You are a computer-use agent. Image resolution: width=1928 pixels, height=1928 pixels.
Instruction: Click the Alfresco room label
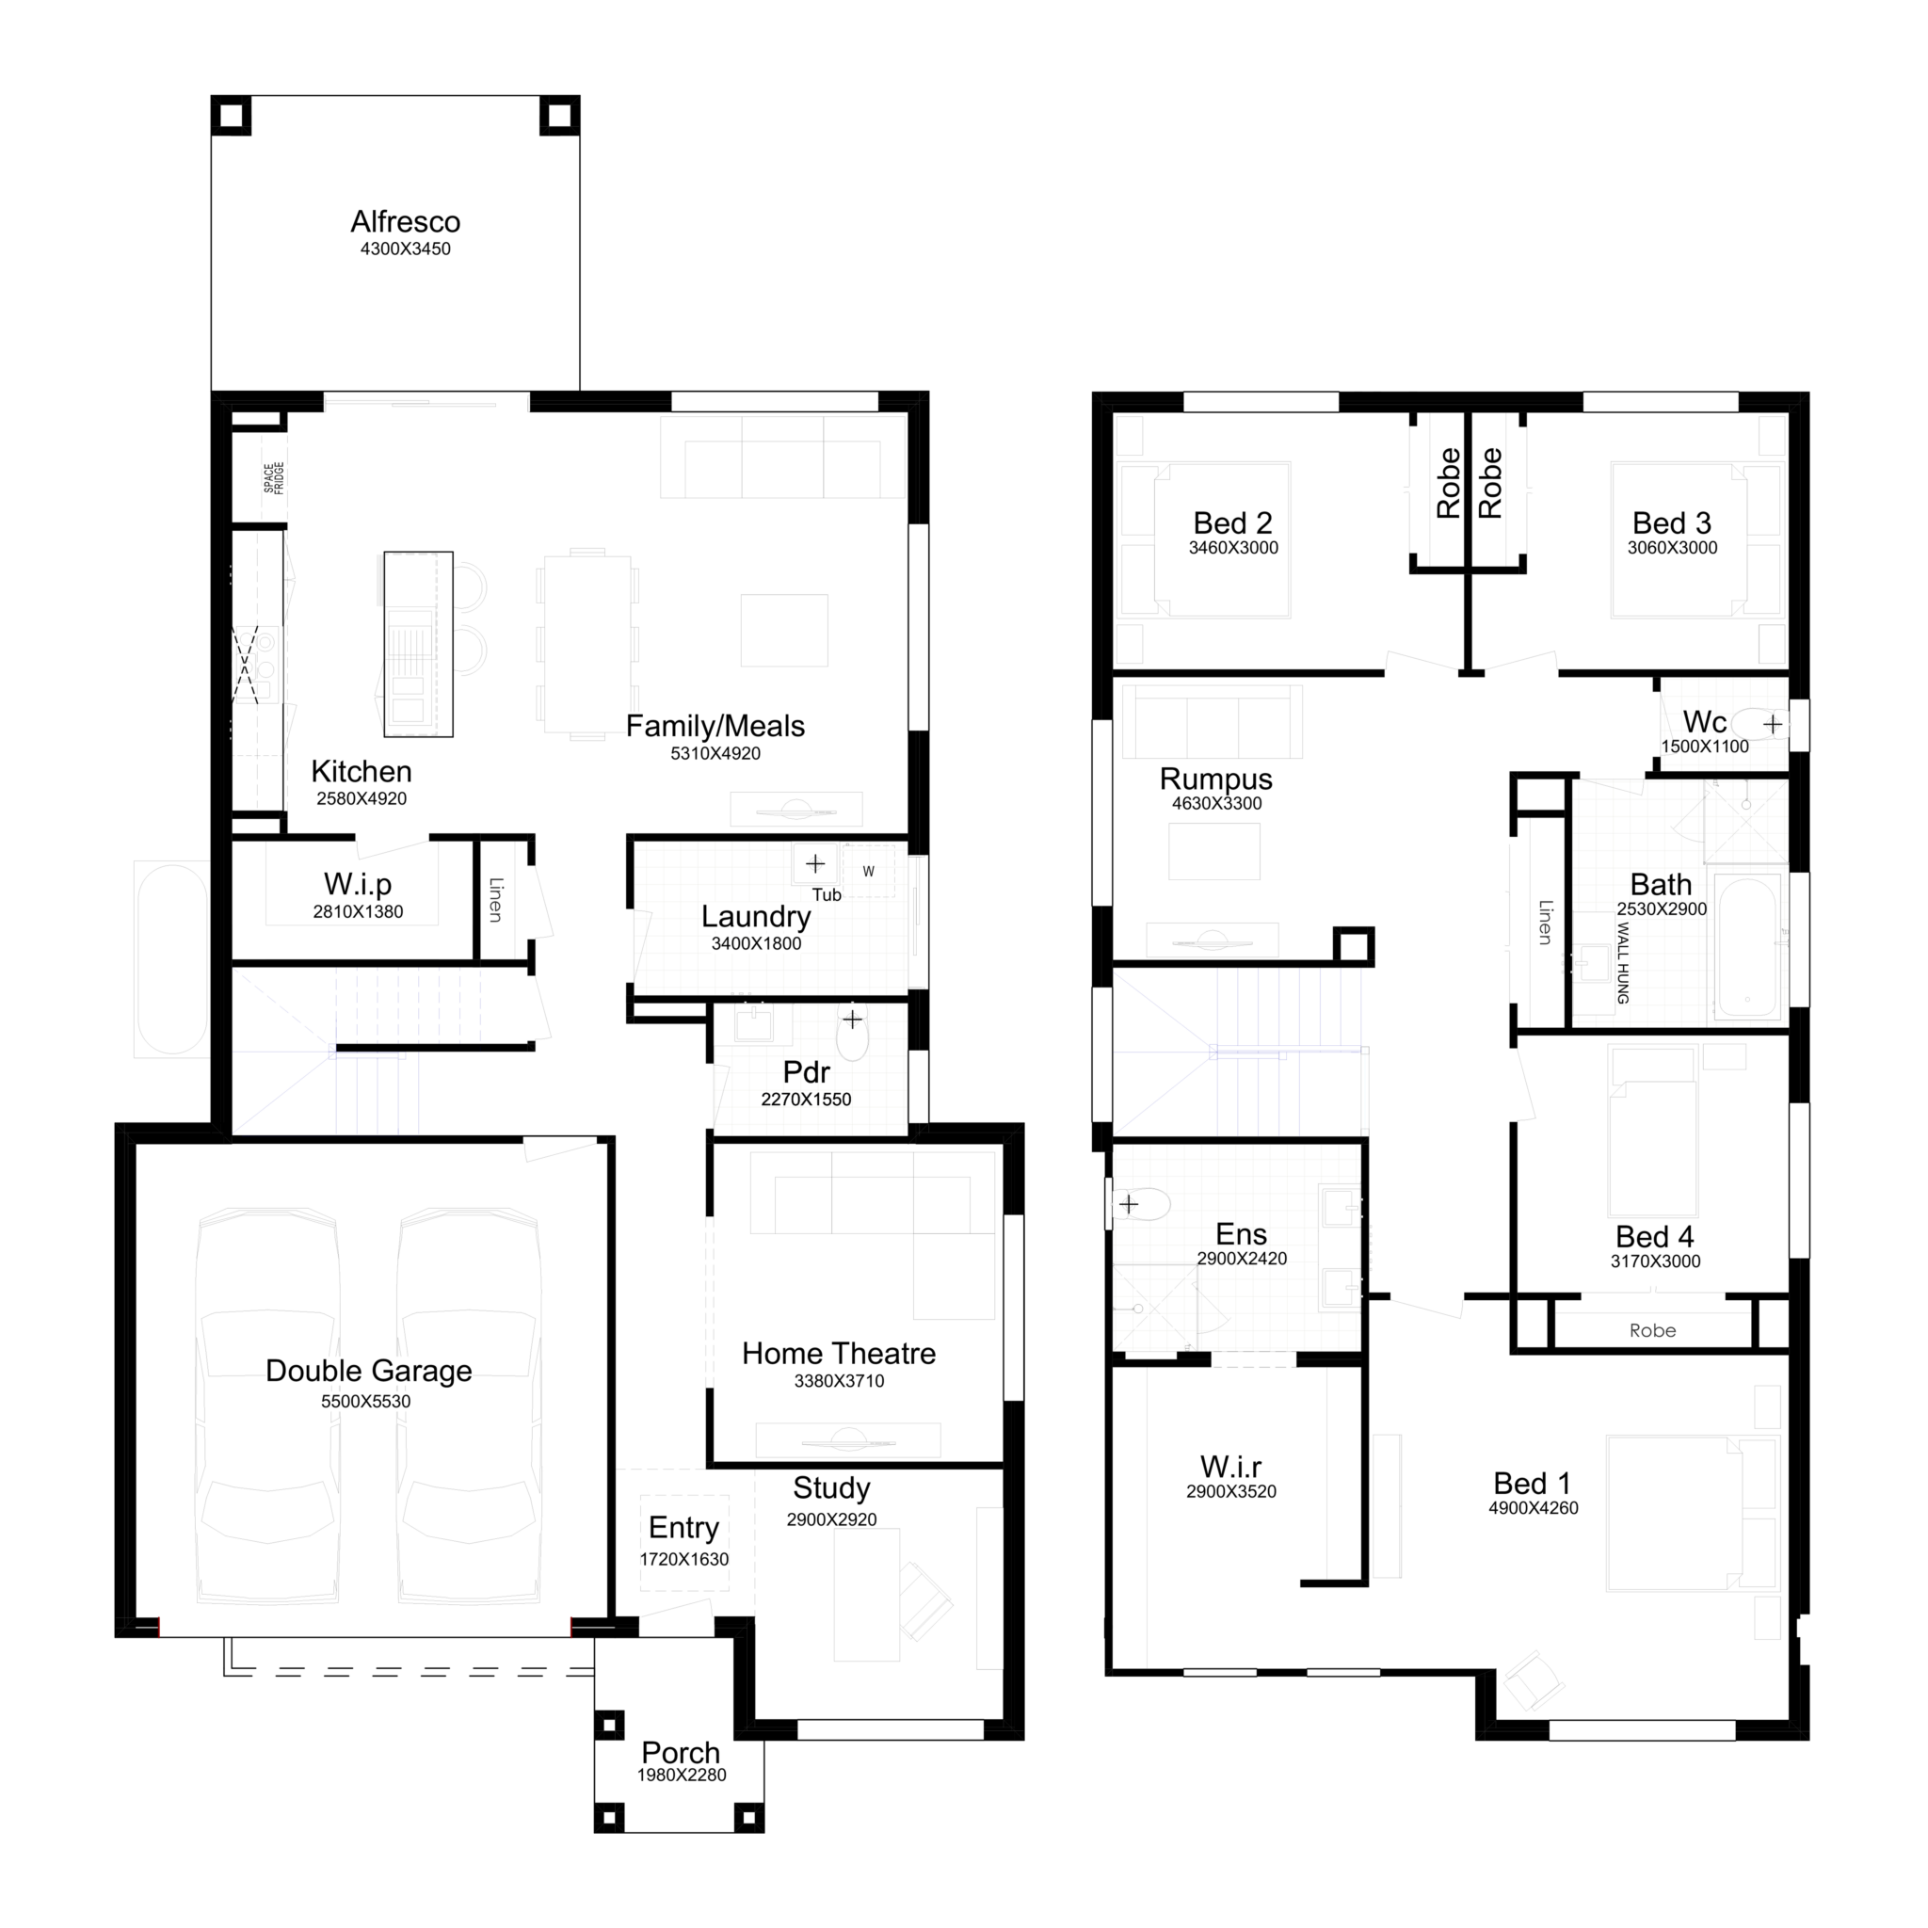(x=405, y=221)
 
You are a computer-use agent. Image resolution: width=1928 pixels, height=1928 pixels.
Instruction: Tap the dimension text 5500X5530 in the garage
(x=365, y=1401)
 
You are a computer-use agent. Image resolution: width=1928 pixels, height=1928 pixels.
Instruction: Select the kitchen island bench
(x=418, y=644)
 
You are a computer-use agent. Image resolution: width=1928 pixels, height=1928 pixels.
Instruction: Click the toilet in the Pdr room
(x=852, y=1037)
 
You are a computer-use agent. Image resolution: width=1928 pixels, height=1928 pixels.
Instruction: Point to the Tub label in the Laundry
(x=827, y=894)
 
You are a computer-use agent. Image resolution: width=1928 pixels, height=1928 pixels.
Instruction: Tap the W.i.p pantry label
(x=357, y=884)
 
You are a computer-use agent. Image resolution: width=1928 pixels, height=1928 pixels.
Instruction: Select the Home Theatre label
(x=838, y=1353)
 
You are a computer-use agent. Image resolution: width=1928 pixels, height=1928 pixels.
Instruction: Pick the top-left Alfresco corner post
(x=231, y=116)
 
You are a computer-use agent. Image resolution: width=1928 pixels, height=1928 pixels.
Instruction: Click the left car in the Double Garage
(x=266, y=1407)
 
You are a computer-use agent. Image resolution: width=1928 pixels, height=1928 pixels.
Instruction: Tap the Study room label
(x=831, y=1488)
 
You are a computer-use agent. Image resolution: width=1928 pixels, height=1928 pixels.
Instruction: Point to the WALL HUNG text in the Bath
(x=1623, y=963)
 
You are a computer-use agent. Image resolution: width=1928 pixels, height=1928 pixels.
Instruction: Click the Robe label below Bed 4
(x=1652, y=1330)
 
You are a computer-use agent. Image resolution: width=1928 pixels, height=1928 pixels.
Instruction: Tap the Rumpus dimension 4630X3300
(x=1216, y=803)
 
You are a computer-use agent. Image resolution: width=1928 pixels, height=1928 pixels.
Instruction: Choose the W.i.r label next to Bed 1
(x=1230, y=1466)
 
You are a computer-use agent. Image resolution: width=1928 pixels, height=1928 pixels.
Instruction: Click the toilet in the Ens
(x=1142, y=1204)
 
